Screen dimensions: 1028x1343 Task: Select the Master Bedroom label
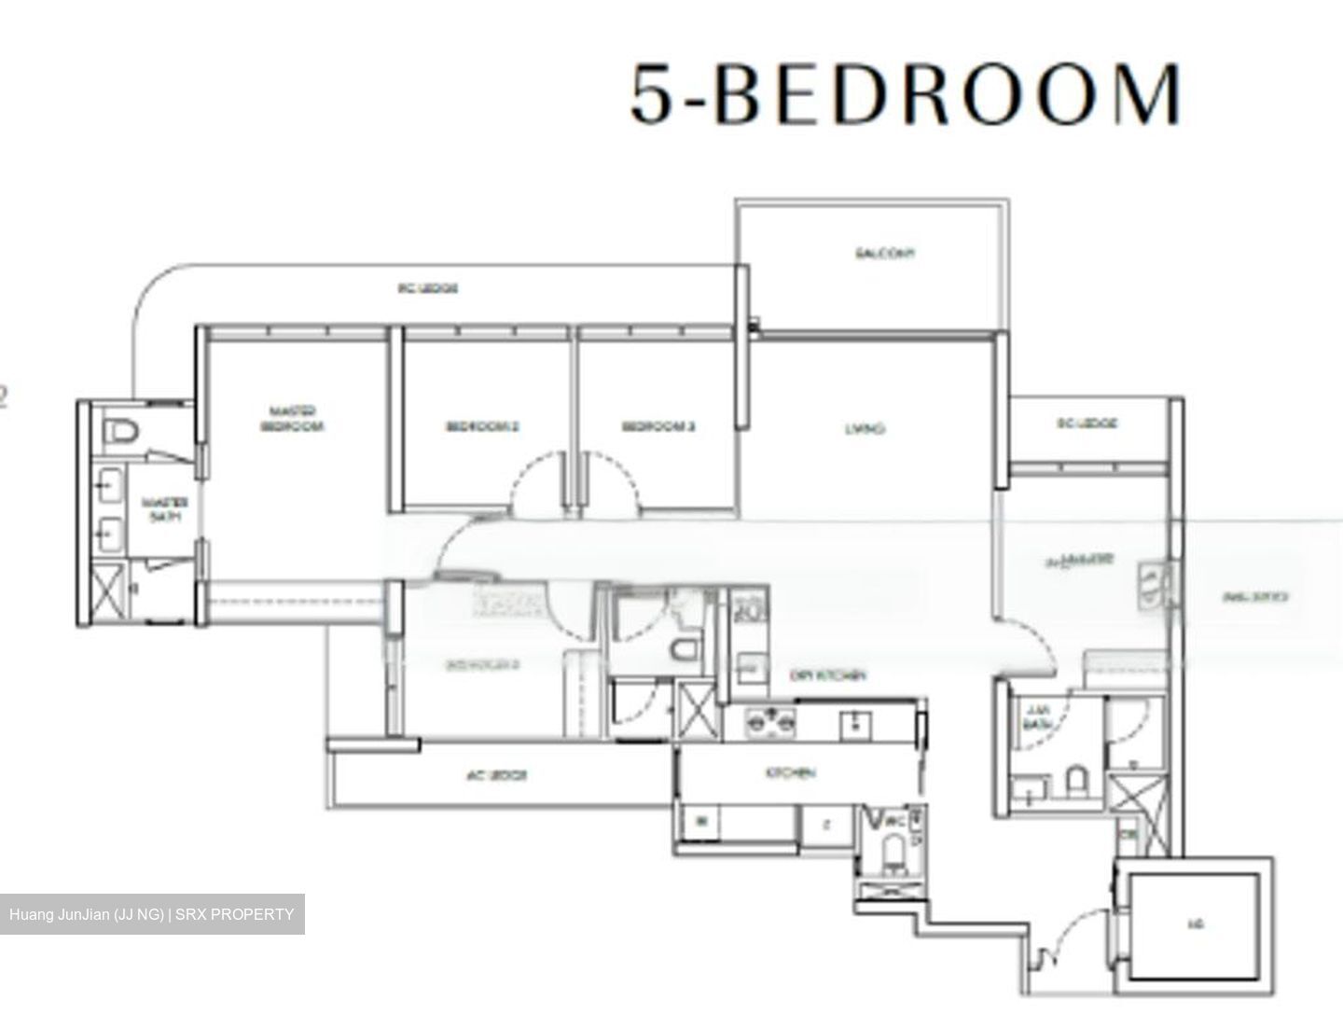click(x=292, y=419)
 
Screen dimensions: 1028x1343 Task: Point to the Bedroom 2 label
click(x=482, y=427)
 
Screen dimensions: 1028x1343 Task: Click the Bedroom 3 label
click(x=658, y=427)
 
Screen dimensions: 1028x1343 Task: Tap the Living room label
click(x=865, y=429)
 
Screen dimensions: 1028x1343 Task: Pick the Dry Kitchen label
click(x=828, y=675)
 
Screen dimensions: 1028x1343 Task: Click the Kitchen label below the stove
click(x=791, y=773)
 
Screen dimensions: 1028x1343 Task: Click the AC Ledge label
click(x=496, y=775)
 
